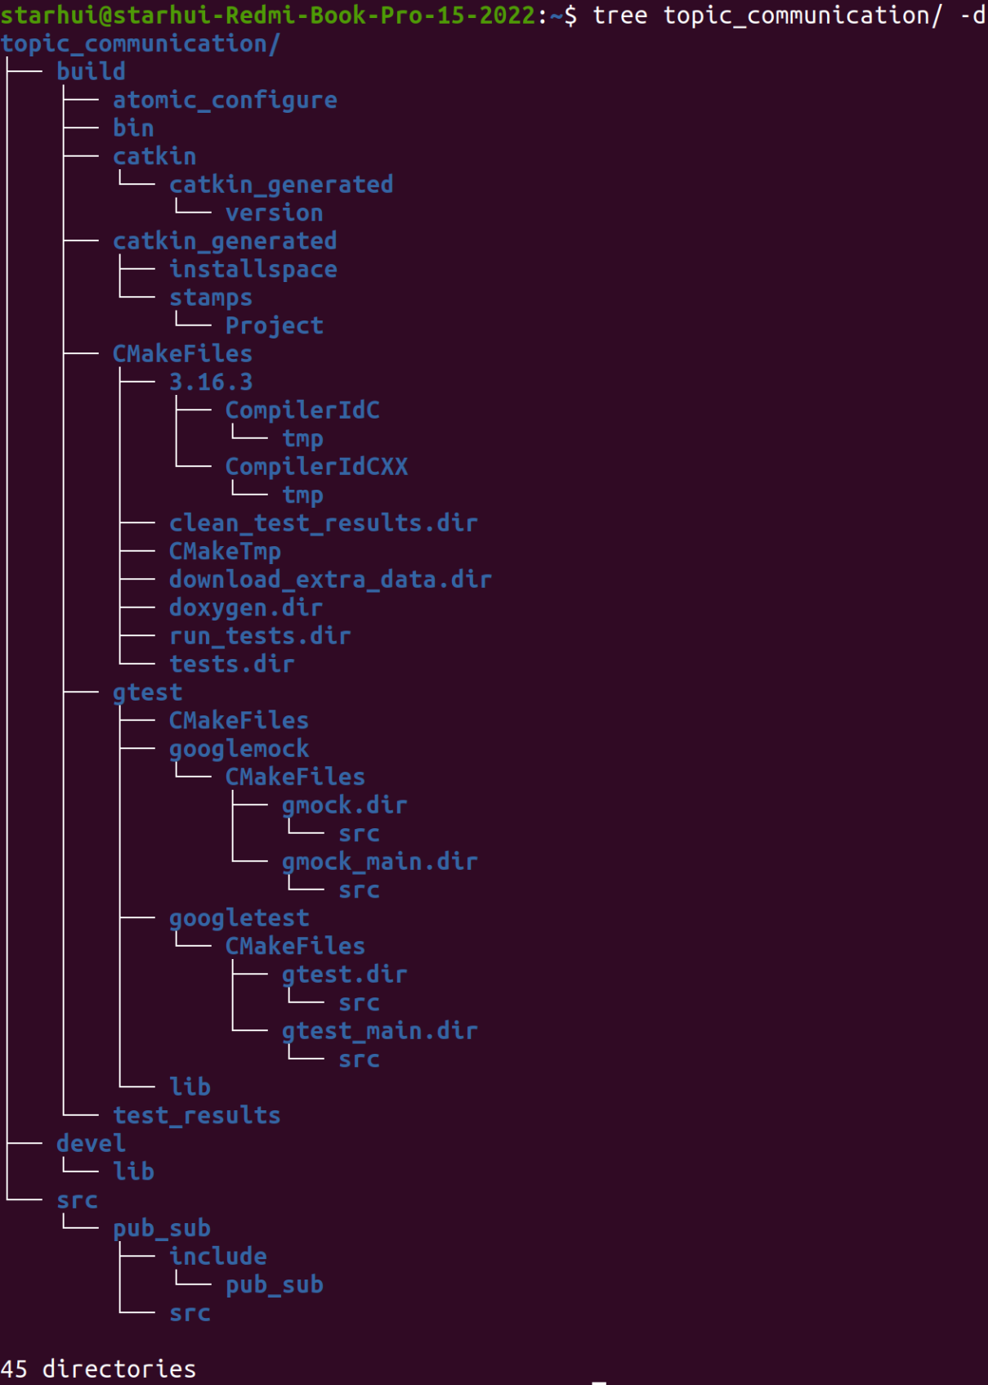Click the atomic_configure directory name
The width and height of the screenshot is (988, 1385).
tap(225, 100)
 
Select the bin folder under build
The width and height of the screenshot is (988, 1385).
tap(133, 128)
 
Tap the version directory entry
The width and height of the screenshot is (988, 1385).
tap(274, 213)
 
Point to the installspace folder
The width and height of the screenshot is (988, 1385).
tap(253, 270)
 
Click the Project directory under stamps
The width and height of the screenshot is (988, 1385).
tap(274, 326)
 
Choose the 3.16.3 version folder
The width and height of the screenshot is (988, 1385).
tap(210, 382)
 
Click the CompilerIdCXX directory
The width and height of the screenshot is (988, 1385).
tap(316, 467)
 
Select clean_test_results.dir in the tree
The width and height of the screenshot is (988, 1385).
tap(323, 523)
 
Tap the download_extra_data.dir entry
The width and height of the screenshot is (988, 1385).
tap(330, 580)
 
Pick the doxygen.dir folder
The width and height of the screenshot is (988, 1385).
tap(245, 607)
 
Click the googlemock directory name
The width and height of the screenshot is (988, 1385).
tap(239, 749)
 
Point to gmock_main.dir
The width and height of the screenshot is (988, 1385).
tap(379, 862)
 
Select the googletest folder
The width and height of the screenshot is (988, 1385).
tap(239, 918)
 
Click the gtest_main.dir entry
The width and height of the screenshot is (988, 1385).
tap(379, 1031)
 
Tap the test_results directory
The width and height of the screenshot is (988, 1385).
tap(196, 1116)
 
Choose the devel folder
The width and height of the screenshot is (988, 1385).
tap(91, 1144)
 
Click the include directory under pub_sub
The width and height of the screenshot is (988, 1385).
tap(217, 1257)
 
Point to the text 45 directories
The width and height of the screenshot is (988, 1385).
tap(98, 1369)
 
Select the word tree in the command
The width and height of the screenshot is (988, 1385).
tap(619, 16)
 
